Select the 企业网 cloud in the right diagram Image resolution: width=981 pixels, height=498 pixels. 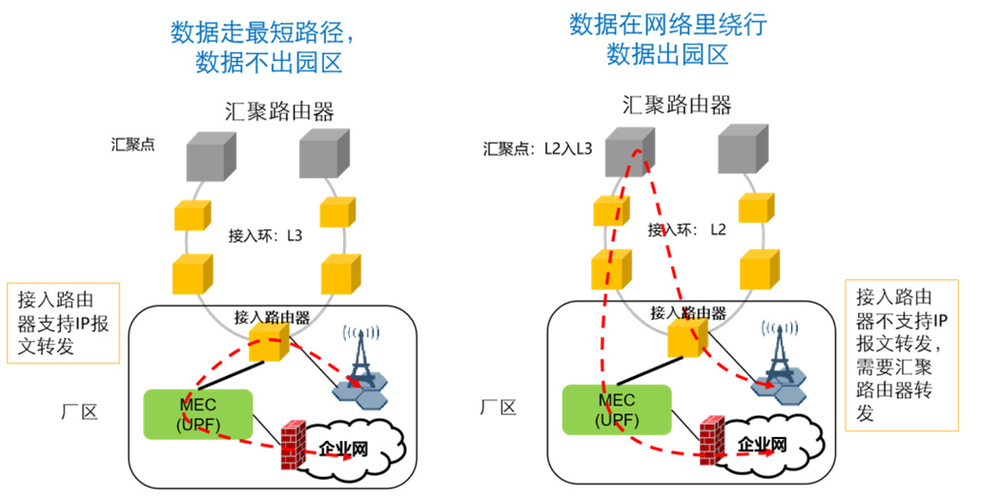[x=764, y=445]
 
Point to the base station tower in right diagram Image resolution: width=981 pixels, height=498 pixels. [x=782, y=357]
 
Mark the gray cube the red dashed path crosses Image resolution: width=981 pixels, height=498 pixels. [x=629, y=151]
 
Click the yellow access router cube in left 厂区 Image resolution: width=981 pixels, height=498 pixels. [x=268, y=340]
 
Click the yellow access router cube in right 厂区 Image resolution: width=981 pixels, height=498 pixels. [x=686, y=337]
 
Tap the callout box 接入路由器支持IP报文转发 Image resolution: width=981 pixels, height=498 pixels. [x=63, y=323]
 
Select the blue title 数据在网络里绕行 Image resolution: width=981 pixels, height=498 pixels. [x=667, y=25]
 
